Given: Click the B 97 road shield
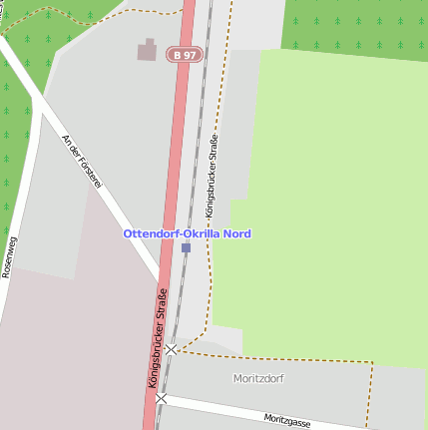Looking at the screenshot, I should [x=184, y=55].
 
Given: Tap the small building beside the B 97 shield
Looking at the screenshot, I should [x=148, y=49].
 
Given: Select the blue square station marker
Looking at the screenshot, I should [x=186, y=247].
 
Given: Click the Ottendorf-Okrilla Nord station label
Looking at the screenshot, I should [x=188, y=233].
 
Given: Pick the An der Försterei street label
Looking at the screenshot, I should [x=83, y=162].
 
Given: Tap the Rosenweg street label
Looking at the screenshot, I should [x=10, y=254].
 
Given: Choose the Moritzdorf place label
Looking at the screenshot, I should [x=258, y=378].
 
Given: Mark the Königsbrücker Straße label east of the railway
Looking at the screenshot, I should [x=212, y=177].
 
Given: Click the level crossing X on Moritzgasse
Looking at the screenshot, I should [x=162, y=398].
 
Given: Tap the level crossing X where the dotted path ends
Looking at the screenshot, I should [x=172, y=349].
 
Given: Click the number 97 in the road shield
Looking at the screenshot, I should [x=190, y=55].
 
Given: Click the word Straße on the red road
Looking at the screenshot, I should [x=163, y=308].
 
